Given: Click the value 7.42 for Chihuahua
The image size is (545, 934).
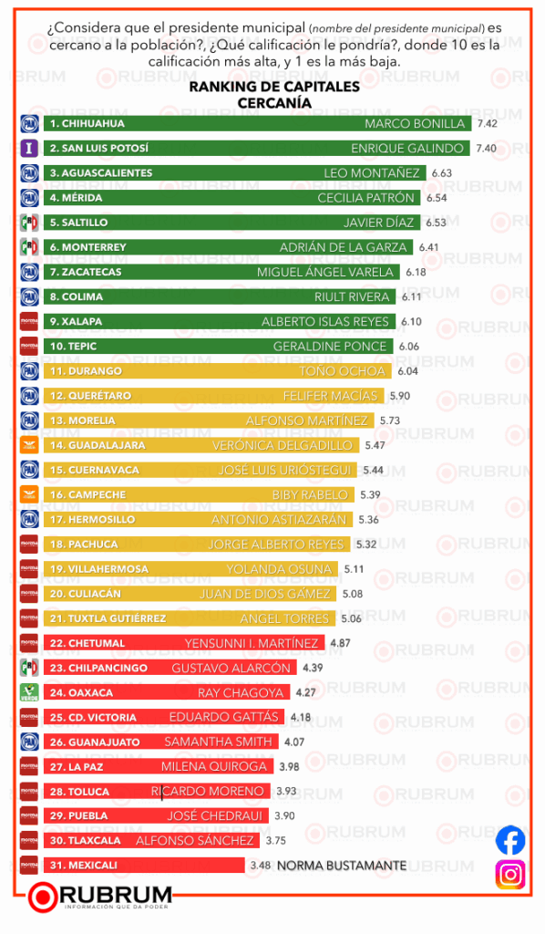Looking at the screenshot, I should pyautogui.click(x=486, y=123).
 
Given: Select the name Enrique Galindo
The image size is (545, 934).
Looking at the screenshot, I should pyautogui.click(x=409, y=148).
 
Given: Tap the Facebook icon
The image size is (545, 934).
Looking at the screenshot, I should pyautogui.click(x=510, y=839).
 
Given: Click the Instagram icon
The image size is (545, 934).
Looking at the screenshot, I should pyautogui.click(x=510, y=874).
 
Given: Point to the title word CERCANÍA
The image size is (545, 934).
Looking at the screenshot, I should pyautogui.click(x=273, y=103).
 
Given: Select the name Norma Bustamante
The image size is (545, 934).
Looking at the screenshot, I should pyautogui.click(x=341, y=865).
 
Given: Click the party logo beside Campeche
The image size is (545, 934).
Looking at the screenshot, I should pyautogui.click(x=28, y=494).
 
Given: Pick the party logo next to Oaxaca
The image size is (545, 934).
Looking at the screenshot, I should pyautogui.click(x=28, y=692).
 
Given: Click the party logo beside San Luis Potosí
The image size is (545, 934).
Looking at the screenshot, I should pyautogui.click(x=28, y=148).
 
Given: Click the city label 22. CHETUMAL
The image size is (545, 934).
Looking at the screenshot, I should pyautogui.click(x=88, y=643).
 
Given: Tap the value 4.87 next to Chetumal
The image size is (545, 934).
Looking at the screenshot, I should pyautogui.click(x=340, y=643).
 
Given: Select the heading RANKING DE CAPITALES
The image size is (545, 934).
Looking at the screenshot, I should pyautogui.click(x=273, y=88).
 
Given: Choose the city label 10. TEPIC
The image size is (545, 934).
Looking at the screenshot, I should pyautogui.click(x=73, y=347).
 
